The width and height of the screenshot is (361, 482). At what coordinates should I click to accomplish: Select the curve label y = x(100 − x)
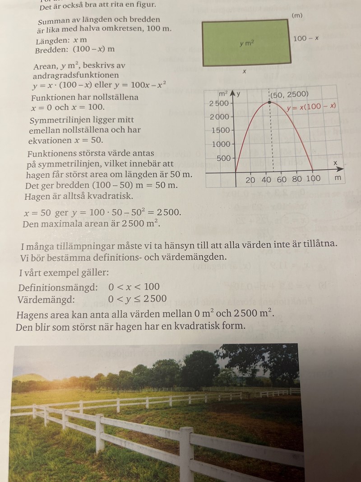312,108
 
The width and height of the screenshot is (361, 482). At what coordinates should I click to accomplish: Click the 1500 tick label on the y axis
221,131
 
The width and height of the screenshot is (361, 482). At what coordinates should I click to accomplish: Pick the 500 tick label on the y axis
224,158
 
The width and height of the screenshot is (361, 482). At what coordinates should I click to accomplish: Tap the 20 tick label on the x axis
250,179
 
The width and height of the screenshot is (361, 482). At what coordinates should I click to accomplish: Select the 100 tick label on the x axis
313,179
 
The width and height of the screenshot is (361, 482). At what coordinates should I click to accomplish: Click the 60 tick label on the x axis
282,179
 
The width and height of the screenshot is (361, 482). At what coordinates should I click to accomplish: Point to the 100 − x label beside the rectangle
306,38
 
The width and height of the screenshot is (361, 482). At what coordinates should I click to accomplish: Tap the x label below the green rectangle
245,71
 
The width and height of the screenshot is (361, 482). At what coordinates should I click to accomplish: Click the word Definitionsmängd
58,287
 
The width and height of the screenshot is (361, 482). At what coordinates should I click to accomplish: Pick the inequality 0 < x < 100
134,287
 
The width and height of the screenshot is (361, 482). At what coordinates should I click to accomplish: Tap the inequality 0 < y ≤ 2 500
138,299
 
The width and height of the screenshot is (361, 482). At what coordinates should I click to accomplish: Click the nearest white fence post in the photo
186,454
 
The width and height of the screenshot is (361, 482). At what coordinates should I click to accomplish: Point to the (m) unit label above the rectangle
297,15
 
